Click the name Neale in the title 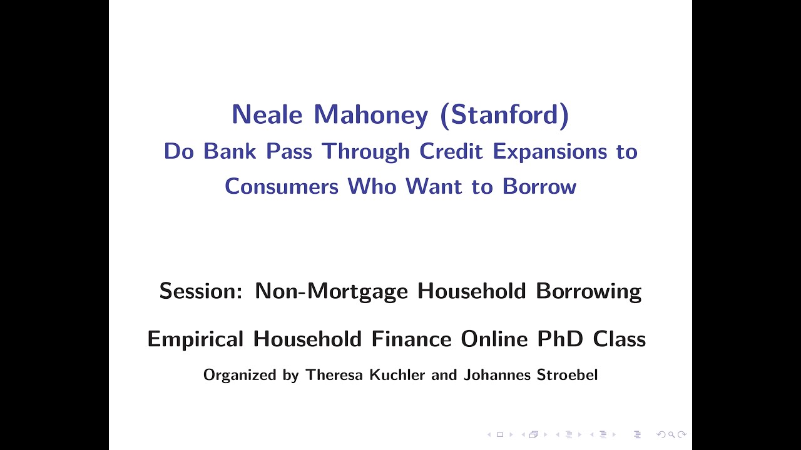click(267, 115)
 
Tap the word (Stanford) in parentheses click(504, 115)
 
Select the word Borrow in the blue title click(539, 186)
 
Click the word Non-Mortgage click(331, 291)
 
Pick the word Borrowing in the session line click(588, 291)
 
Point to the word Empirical click(195, 339)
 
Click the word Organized click(240, 376)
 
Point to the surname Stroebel click(567, 375)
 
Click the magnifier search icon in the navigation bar click(671, 434)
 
